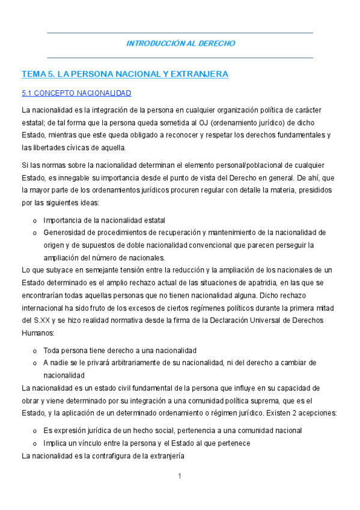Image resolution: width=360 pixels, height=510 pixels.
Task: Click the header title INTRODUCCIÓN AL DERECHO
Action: pos(180,43)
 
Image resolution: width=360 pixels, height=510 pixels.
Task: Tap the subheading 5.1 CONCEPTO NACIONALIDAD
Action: pos(76,93)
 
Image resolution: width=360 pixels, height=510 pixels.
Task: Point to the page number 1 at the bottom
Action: pos(180,476)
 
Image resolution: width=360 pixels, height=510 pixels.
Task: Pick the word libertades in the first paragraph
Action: pos(54,148)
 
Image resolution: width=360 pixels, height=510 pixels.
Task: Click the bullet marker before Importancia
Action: pos(35,220)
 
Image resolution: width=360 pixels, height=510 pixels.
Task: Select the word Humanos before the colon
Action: pos(37,333)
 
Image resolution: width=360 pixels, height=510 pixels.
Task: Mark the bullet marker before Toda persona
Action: pos(35,351)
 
